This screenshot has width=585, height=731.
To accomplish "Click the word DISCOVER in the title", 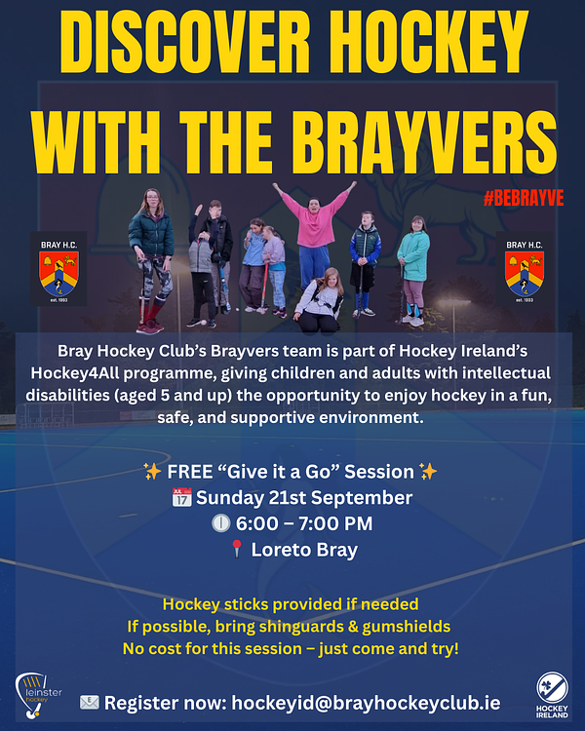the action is (185, 41).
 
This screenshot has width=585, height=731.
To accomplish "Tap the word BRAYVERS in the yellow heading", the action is (424, 142).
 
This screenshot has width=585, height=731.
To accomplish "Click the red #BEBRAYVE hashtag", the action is (524, 198).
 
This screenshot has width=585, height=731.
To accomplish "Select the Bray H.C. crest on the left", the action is (58, 269).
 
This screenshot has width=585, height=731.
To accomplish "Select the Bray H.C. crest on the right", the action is (525, 269).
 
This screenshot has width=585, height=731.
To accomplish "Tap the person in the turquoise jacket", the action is (413, 269).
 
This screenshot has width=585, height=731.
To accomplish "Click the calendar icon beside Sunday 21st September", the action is (182, 497).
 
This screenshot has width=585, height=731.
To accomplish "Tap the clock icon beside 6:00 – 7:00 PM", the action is (221, 523).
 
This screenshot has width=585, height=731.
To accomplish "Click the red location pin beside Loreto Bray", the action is (237, 549).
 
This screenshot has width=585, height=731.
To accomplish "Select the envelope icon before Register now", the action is (89, 702).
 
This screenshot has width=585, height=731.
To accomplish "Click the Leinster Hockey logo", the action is (37, 695).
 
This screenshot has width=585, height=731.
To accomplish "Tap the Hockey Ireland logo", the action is (552, 695).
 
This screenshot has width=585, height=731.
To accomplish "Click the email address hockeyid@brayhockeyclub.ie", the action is (366, 703).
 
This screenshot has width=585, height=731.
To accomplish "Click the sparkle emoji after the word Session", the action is (428, 472).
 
